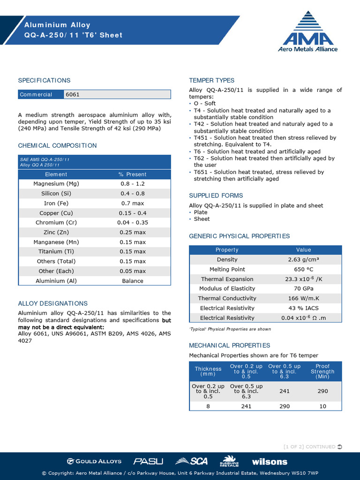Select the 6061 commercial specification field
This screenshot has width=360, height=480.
click(117, 94)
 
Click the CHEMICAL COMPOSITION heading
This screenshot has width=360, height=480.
click(57, 146)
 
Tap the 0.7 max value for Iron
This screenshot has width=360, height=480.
click(133, 203)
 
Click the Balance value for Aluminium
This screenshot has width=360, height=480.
click(133, 281)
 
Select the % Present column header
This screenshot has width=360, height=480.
click(133, 174)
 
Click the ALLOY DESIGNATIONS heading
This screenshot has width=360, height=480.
click(52, 303)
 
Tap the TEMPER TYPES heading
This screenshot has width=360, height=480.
click(211, 80)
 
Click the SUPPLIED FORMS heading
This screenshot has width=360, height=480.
click(216, 195)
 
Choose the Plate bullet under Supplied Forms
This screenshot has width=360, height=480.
click(201, 212)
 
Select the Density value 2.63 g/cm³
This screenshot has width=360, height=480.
click(303, 260)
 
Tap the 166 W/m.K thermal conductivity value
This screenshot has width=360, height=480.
click(303, 299)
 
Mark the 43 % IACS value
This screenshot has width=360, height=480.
click(303, 308)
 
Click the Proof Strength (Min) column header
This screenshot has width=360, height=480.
click(322, 371)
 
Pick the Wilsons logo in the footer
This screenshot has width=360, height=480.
click(270, 462)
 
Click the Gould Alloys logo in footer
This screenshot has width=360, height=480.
click(94, 461)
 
